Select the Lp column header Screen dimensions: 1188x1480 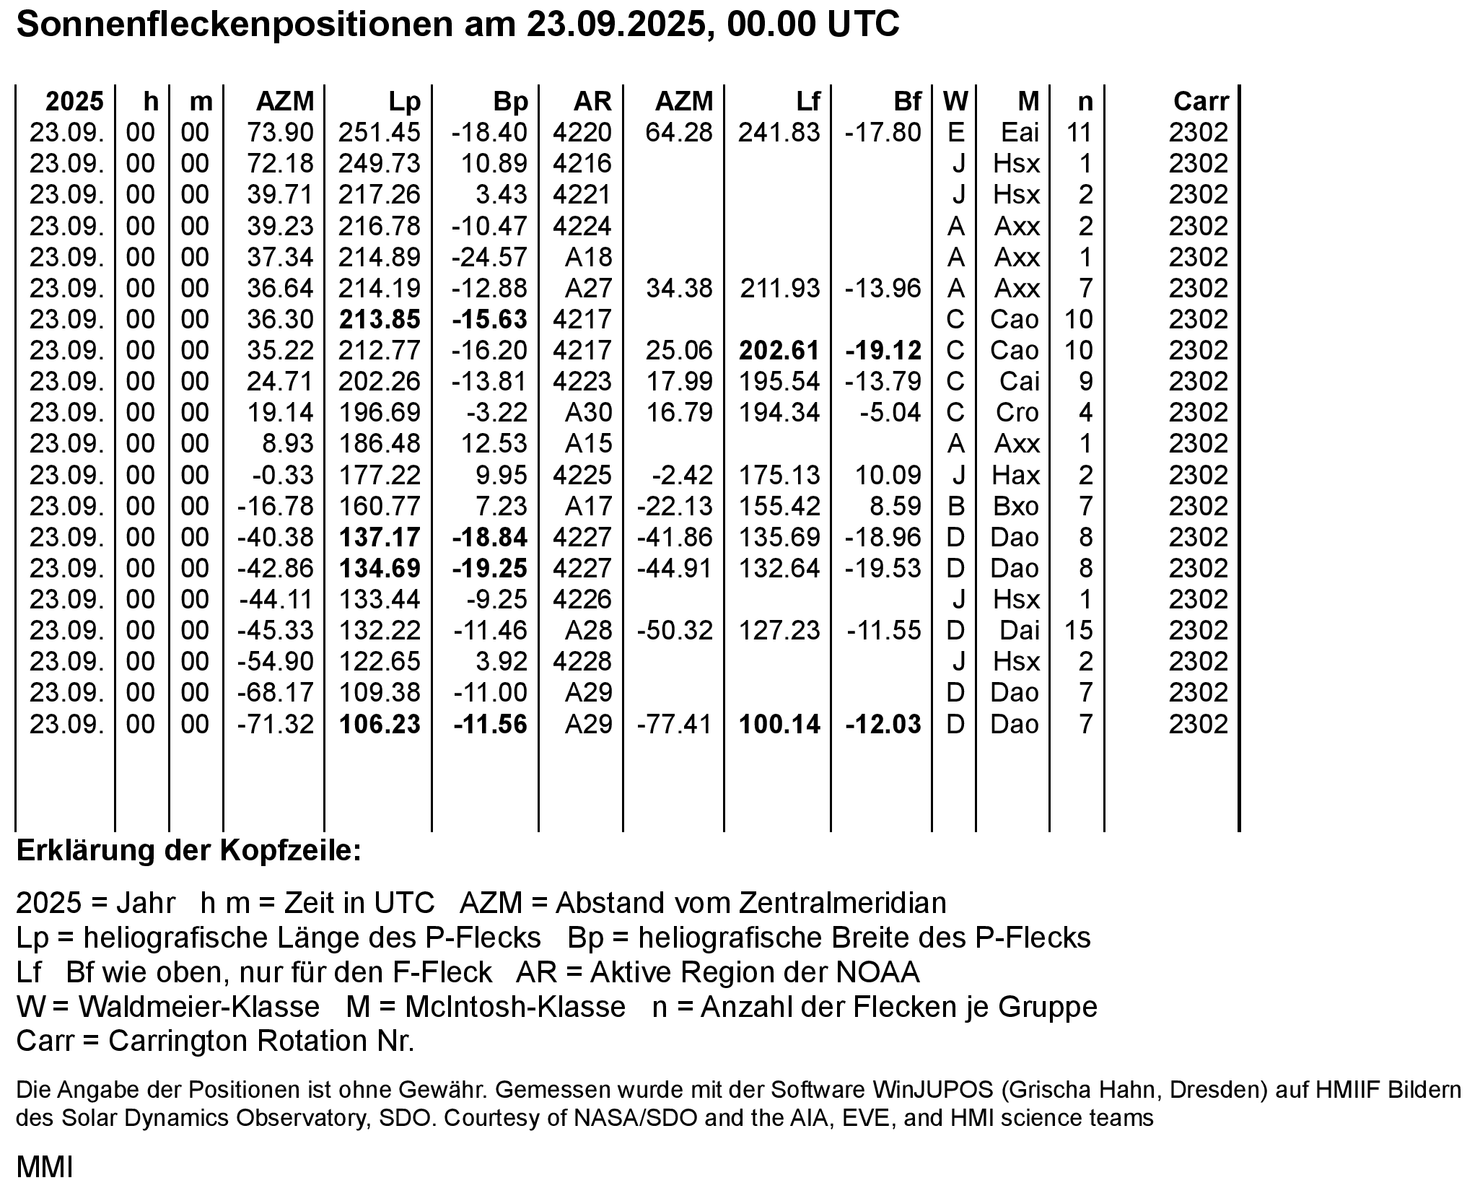404,102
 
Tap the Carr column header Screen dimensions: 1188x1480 1201,102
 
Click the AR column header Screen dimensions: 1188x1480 592,102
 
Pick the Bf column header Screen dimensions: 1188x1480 907,102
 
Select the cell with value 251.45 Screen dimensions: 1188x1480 380,133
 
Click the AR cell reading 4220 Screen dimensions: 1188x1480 582,133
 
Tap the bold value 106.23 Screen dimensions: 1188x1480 380,724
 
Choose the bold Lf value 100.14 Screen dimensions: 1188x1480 779,724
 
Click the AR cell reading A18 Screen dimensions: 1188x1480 588,257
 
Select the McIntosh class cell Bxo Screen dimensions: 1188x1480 1016,506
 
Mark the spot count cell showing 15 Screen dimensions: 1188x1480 1079,631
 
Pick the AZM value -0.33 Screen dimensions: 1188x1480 283,475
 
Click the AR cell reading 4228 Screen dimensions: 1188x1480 582,662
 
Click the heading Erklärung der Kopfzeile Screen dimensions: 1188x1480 188,851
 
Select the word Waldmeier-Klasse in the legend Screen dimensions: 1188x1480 199,1007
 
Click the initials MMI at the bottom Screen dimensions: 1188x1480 45,1167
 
